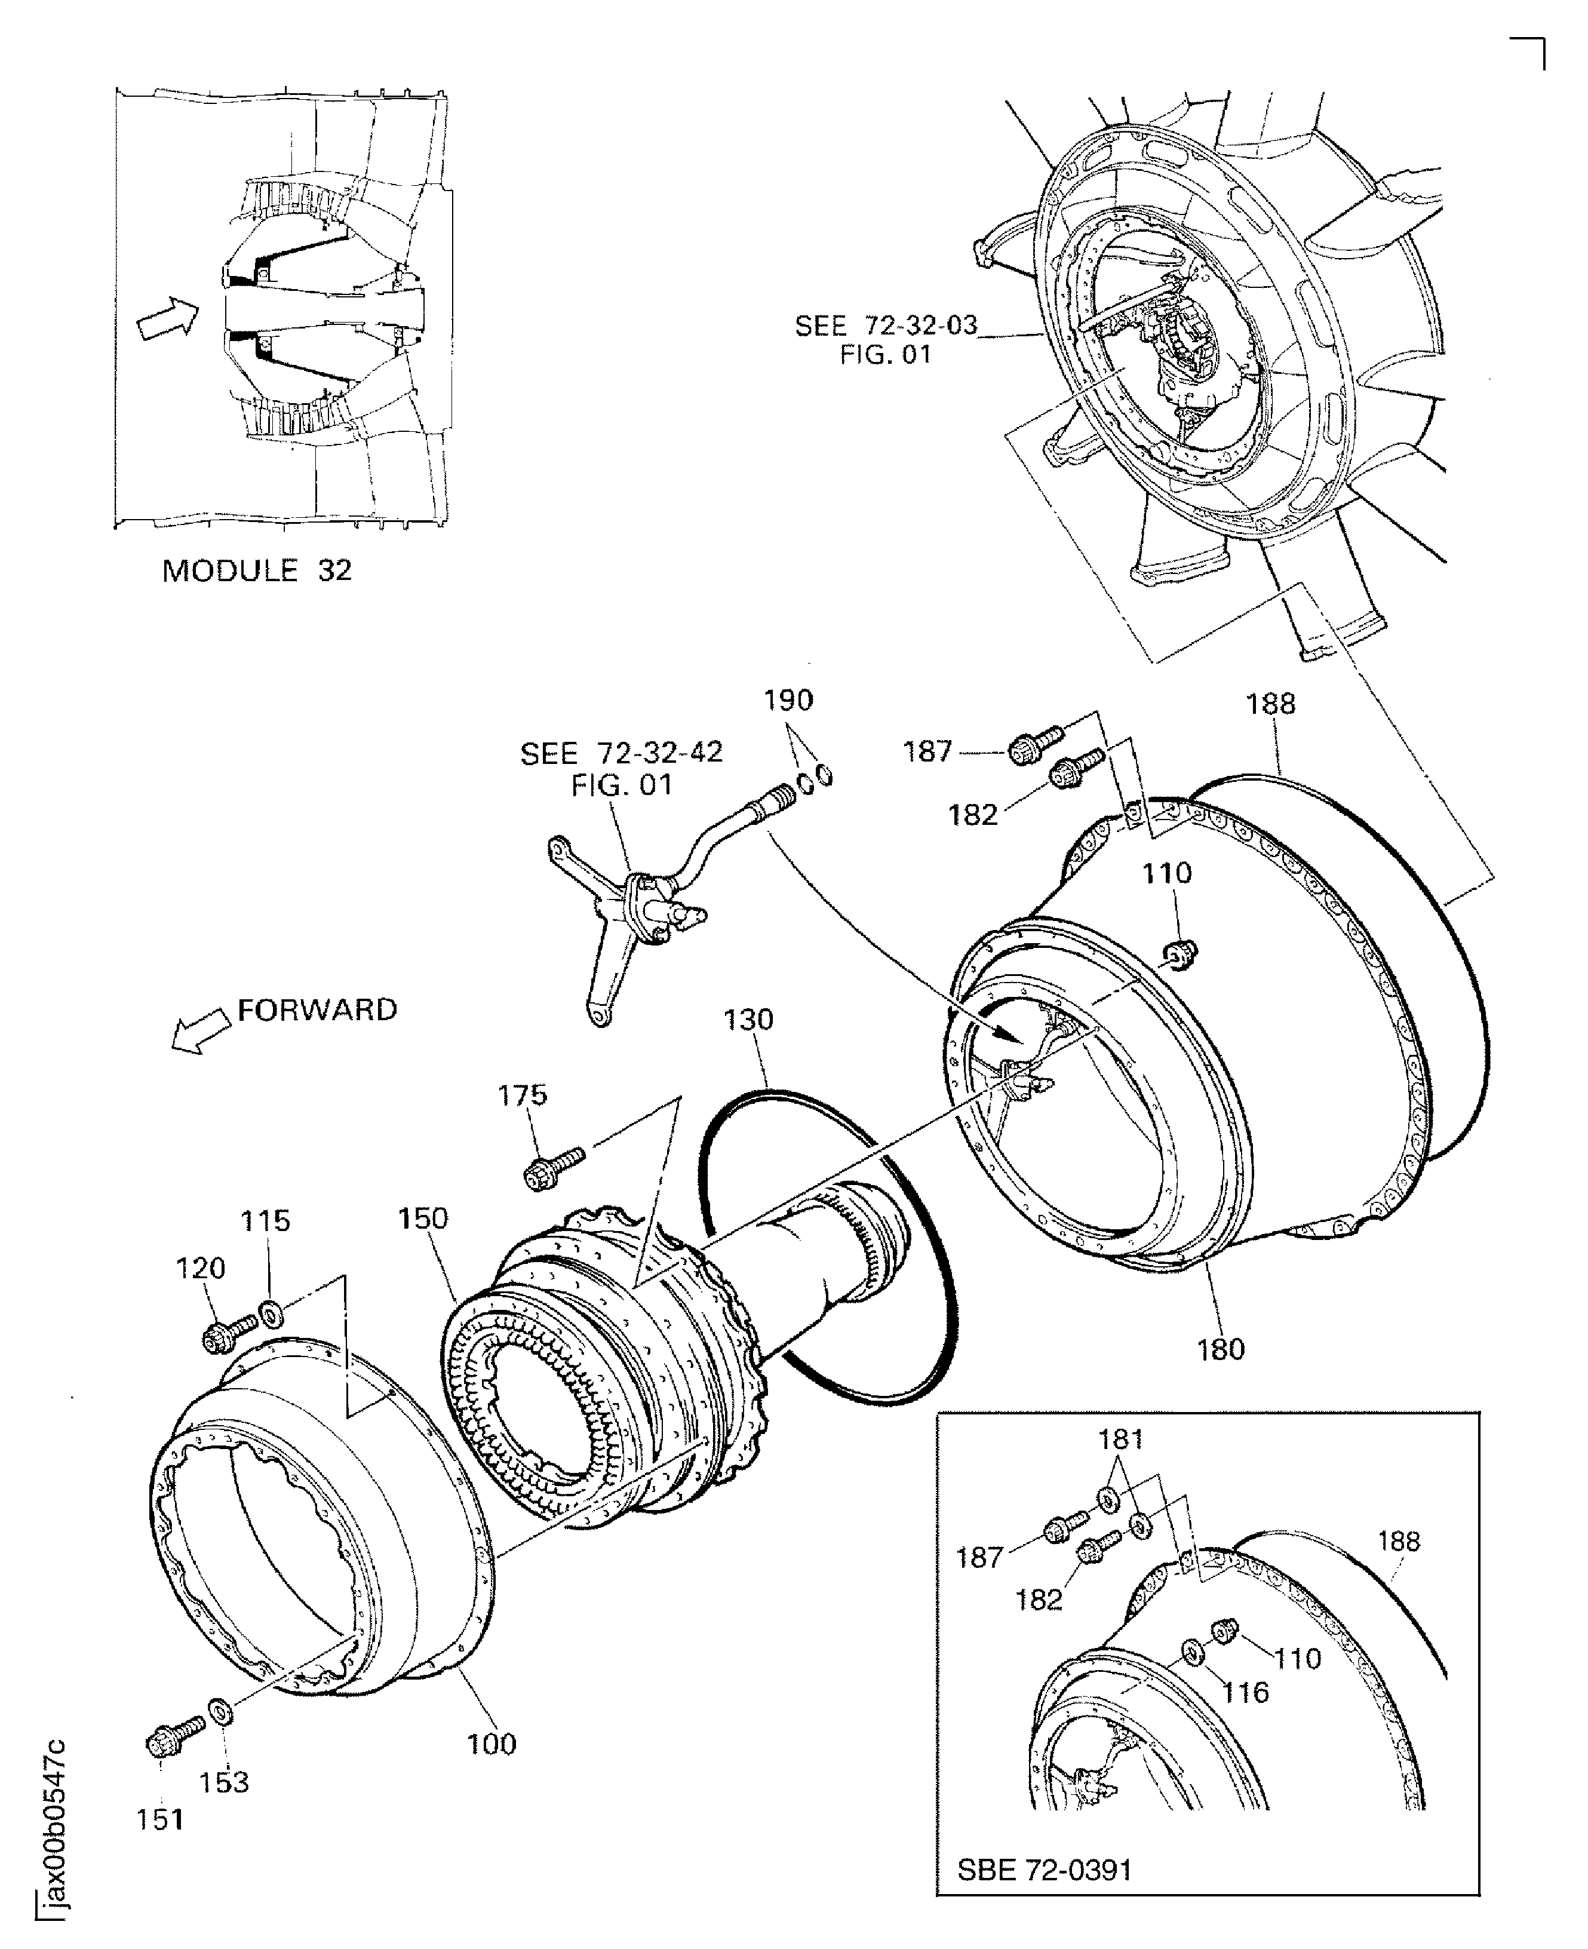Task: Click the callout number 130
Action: [x=748, y=1020]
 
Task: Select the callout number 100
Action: [x=492, y=1744]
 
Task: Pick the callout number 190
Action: [x=788, y=701]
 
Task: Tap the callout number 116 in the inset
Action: [x=1246, y=1693]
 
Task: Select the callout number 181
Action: [x=1120, y=1440]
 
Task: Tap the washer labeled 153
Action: [x=220, y=1710]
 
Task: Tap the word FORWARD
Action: [x=317, y=1010]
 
